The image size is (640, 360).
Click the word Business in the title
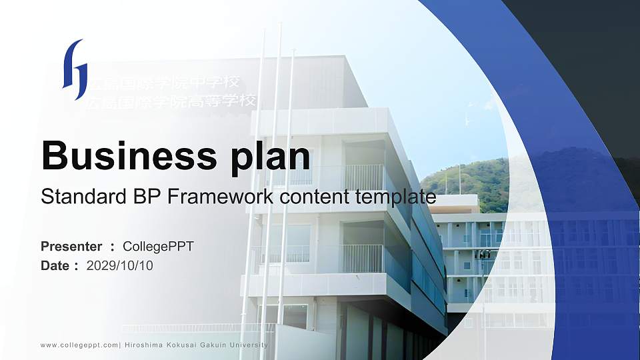[x=125, y=157]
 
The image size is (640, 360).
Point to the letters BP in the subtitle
[x=135, y=197]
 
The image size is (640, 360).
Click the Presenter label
[x=71, y=247]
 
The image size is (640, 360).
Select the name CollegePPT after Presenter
[x=159, y=247]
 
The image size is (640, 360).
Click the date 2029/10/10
[x=120, y=266]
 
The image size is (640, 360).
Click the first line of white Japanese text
[x=163, y=83]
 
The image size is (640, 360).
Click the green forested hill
[x=467, y=180]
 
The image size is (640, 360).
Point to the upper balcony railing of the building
[x=364, y=177]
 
